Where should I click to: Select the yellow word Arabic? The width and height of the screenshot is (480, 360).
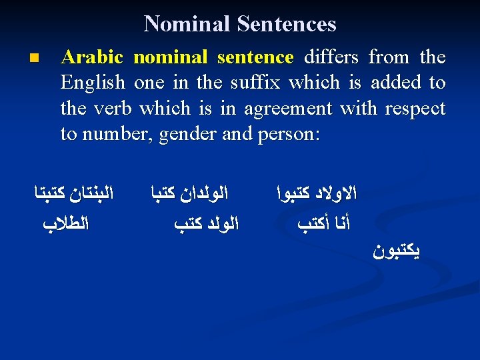coord(93,57)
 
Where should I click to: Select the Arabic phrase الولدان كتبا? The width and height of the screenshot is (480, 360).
coord(188,195)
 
